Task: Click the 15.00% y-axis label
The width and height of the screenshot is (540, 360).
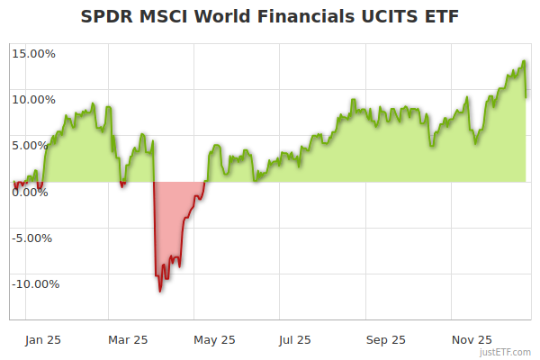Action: tap(33, 53)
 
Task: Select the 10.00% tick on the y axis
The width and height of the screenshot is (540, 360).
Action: tap(33, 99)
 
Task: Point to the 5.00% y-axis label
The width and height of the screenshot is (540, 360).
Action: tap(36, 145)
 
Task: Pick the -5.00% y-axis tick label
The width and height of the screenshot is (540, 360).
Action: tap(34, 238)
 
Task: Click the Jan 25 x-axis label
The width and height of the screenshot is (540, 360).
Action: tap(42, 339)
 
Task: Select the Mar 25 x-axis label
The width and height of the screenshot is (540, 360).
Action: tap(127, 339)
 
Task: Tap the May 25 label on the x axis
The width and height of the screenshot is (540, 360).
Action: tap(214, 339)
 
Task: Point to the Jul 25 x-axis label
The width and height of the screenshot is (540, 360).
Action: tap(294, 339)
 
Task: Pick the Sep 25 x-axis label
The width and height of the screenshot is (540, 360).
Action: tap(385, 339)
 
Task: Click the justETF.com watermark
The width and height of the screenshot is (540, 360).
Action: tap(505, 352)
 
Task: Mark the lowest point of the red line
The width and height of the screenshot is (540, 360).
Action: tap(160, 291)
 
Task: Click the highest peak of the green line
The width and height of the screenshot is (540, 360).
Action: tap(525, 61)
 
